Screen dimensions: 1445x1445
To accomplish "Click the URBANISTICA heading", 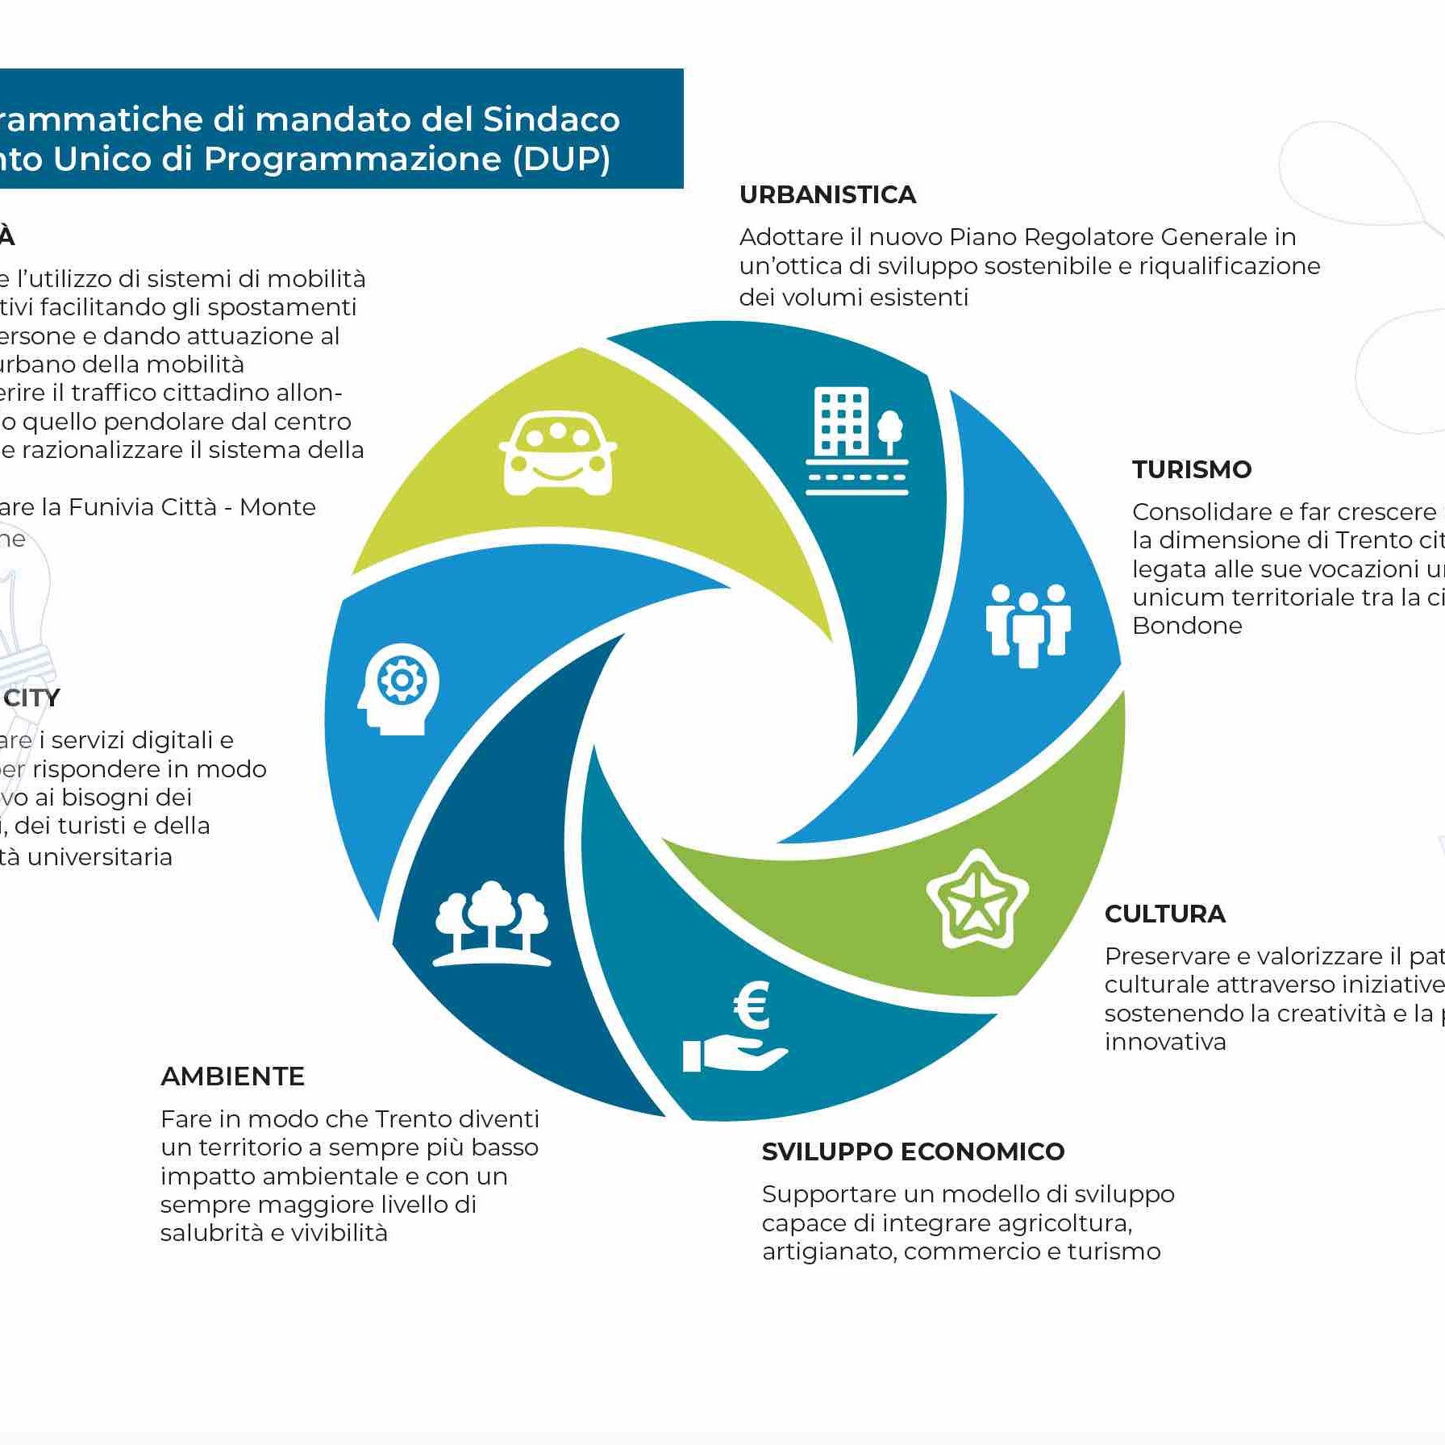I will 827,194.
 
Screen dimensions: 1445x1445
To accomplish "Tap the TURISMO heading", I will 1191,469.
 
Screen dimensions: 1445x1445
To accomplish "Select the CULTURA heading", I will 1164,914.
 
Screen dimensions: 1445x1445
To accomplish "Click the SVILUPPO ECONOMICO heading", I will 913,1151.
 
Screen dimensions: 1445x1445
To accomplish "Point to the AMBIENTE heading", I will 232,1076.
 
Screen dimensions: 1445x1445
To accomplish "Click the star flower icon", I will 977,899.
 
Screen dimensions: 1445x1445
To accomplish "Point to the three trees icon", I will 492,923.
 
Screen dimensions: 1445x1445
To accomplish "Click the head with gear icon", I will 398,688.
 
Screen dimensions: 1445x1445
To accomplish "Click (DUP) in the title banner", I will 561,159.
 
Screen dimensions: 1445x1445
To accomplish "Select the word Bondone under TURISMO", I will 1187,626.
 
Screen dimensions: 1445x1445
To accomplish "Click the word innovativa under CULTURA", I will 1165,1042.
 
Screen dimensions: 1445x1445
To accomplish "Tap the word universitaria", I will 100,857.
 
